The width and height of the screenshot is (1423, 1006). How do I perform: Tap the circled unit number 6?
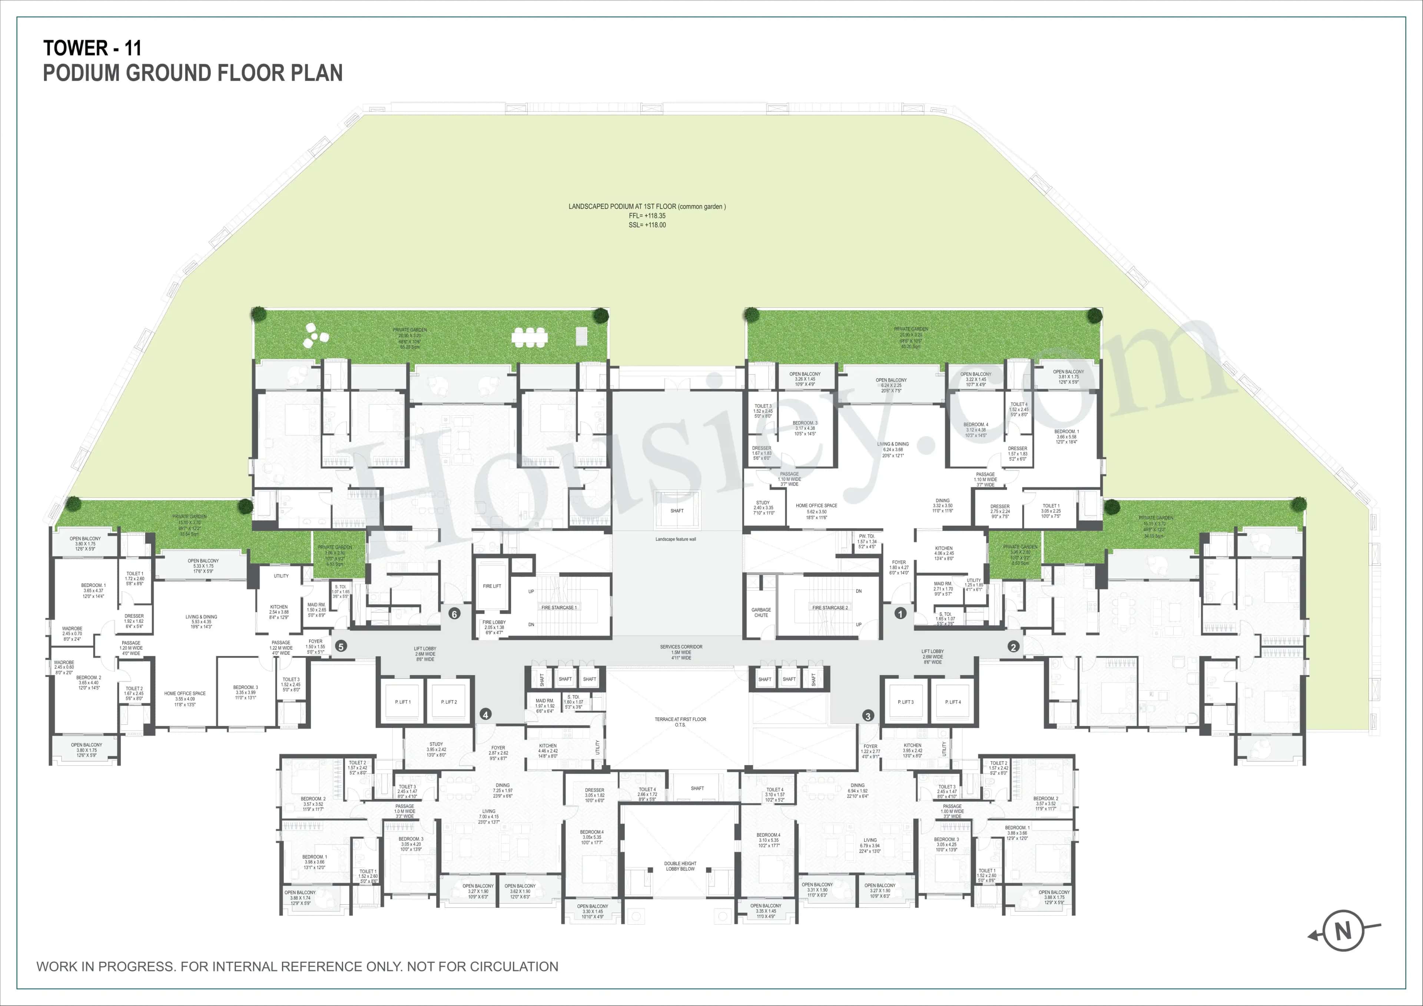[454, 614]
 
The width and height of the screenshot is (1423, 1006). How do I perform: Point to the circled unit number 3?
[868, 716]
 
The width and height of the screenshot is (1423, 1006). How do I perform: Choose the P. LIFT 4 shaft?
[953, 702]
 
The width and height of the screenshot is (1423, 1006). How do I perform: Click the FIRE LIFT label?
[492, 586]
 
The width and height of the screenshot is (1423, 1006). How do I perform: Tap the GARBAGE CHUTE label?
[761, 612]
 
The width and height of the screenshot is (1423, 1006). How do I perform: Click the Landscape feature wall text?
[676, 539]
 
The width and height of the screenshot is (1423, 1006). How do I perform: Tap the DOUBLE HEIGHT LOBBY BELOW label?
[680, 866]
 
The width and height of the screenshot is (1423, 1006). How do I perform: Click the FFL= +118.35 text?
[647, 216]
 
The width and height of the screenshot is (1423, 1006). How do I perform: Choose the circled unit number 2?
[1013, 647]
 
